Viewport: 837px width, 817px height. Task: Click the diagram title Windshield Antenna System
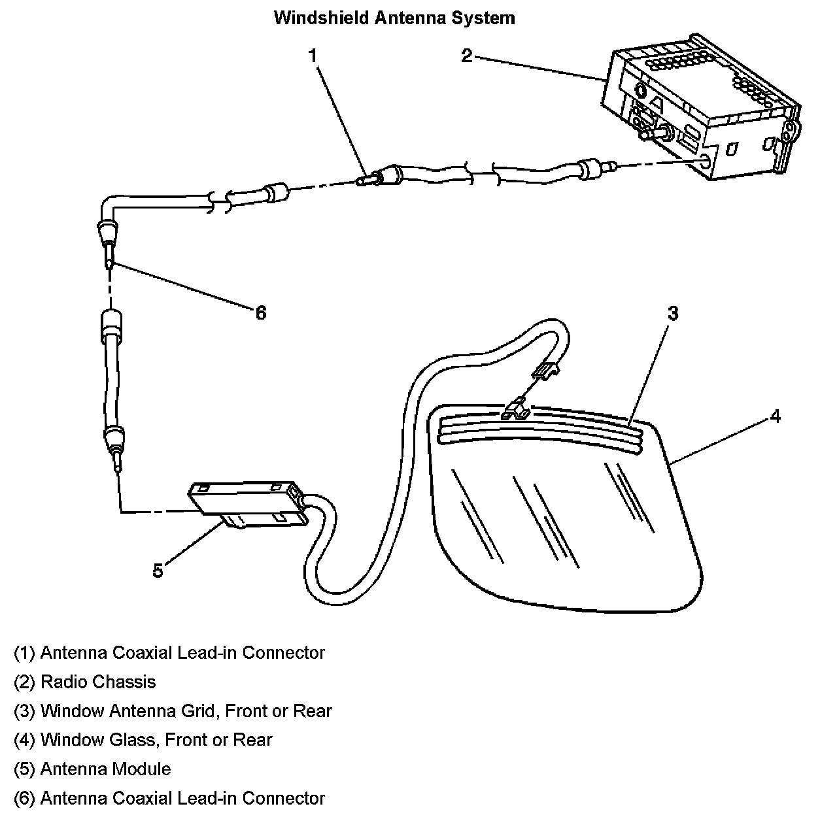click(394, 18)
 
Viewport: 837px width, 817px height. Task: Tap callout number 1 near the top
click(313, 56)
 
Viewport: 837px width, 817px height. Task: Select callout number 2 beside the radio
click(466, 56)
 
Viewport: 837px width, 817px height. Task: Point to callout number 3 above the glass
click(673, 314)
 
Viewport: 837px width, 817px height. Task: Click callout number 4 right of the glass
click(775, 416)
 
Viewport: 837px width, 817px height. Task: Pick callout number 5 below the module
click(158, 571)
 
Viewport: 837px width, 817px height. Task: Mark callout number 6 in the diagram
click(261, 313)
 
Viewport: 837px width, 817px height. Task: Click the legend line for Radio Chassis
click(85, 682)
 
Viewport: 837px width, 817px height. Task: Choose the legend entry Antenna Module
click(92, 769)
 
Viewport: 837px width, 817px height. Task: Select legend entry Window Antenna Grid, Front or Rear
click(173, 710)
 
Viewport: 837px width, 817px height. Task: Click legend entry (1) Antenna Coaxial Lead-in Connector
click(169, 652)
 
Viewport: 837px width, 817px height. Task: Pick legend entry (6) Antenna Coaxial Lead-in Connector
click(169, 798)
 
